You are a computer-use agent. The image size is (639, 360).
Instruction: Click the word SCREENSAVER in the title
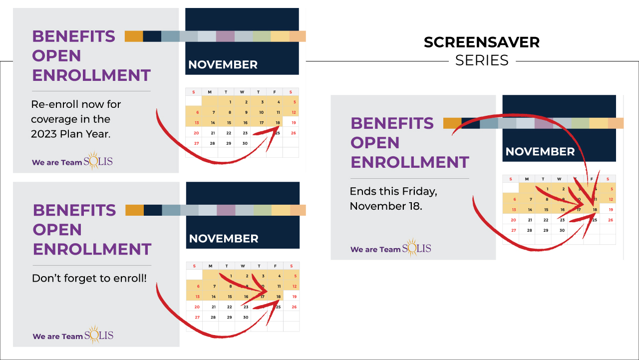(x=482, y=42)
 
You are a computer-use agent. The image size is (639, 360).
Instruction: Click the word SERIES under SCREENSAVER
(x=482, y=60)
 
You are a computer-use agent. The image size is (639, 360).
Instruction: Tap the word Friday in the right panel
(x=421, y=191)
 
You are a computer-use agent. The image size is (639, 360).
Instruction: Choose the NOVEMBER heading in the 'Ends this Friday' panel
(x=540, y=151)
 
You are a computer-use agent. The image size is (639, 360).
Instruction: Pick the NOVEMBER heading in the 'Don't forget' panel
(x=224, y=239)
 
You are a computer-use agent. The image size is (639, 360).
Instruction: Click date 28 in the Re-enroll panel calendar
(x=212, y=143)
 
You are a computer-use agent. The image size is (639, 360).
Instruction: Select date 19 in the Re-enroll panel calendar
(x=294, y=123)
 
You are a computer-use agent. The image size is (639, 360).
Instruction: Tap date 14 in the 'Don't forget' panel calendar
(x=214, y=297)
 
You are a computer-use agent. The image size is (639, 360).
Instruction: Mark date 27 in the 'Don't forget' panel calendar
(x=197, y=317)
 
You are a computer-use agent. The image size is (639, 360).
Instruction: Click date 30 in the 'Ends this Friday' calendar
(x=562, y=230)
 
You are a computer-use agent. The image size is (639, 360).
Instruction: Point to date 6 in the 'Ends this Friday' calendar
(x=515, y=199)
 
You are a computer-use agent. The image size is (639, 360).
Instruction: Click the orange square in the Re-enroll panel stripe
(x=134, y=36)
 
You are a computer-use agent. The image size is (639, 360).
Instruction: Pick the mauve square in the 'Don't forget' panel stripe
(x=226, y=210)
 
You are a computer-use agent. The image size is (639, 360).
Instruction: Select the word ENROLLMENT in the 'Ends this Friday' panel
(x=410, y=162)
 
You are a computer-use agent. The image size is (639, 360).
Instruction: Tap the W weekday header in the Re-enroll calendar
(x=242, y=92)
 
